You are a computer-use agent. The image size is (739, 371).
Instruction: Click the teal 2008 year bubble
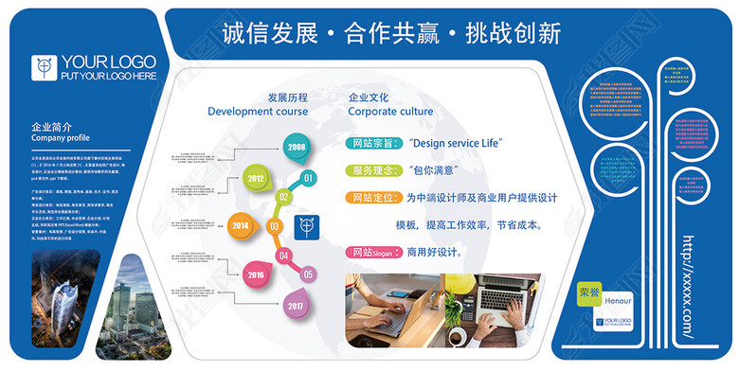[297, 147]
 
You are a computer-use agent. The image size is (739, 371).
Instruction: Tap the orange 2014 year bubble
[241, 226]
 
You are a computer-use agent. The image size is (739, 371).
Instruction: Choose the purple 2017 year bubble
[297, 305]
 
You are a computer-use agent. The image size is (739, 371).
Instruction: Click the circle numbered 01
[308, 177]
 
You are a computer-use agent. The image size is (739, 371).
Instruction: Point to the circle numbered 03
[275, 226]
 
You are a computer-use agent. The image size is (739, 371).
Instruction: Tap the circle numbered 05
[308, 274]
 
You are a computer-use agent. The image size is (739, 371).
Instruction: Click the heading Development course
[258, 112]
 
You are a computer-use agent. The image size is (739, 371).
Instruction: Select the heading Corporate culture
[390, 112]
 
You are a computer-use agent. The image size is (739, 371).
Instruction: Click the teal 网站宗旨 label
[373, 144]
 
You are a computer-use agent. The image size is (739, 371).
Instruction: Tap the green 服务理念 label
[373, 171]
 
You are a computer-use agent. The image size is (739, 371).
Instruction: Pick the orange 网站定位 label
[373, 199]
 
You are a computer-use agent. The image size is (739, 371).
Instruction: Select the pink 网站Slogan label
[373, 253]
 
